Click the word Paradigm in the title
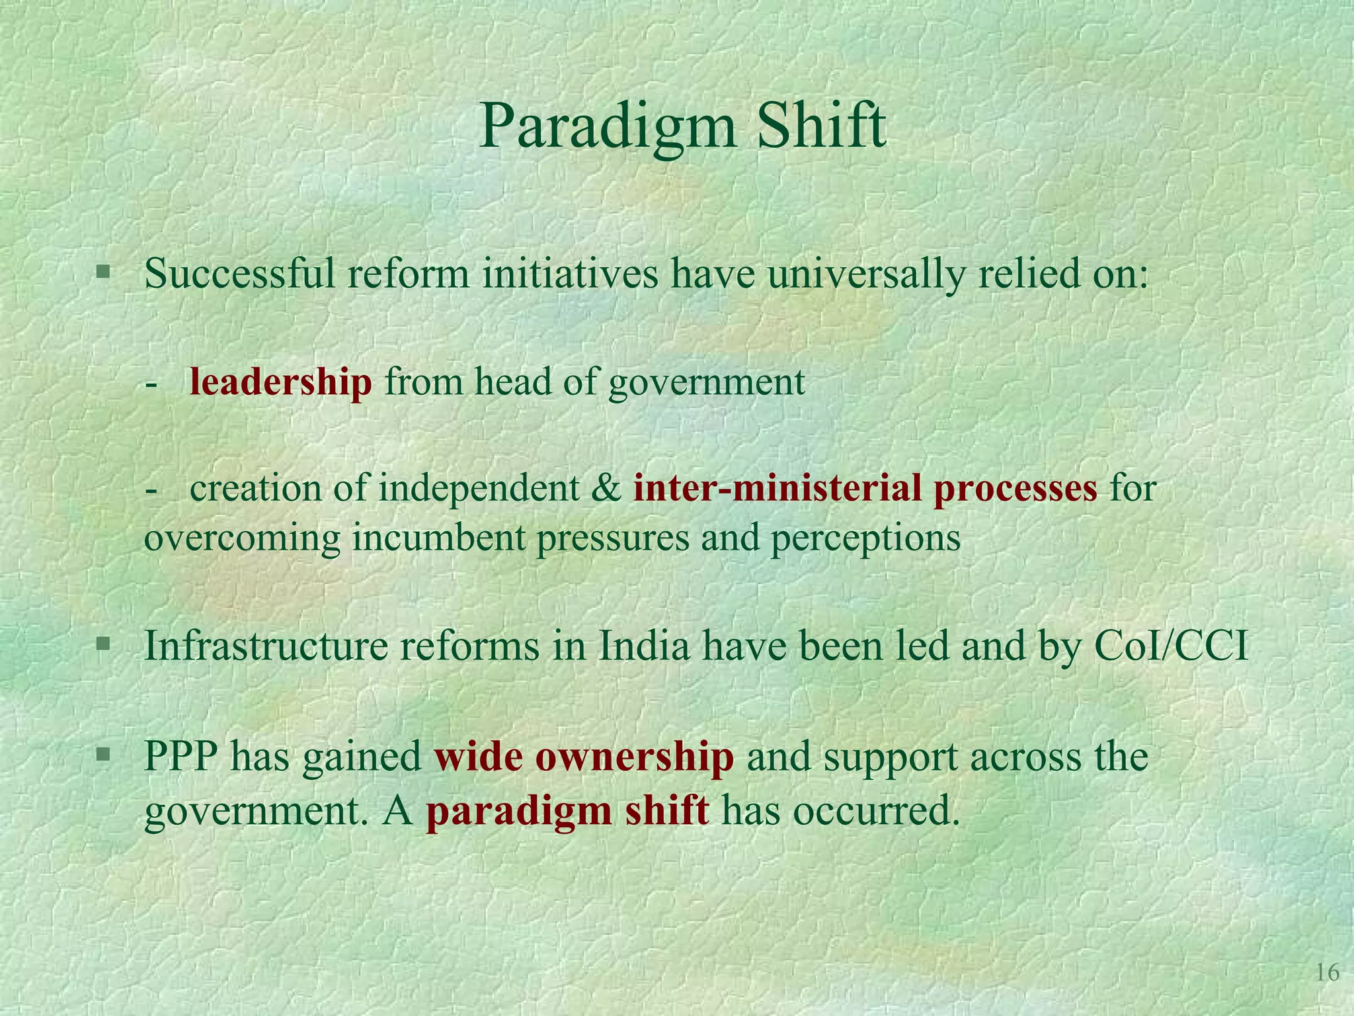(x=607, y=127)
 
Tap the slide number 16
(x=1327, y=973)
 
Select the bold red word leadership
(x=281, y=382)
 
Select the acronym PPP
(x=182, y=757)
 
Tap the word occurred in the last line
(x=875, y=811)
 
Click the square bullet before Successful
(x=102, y=272)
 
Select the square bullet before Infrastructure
(x=102, y=644)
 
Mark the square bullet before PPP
(x=102, y=754)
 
